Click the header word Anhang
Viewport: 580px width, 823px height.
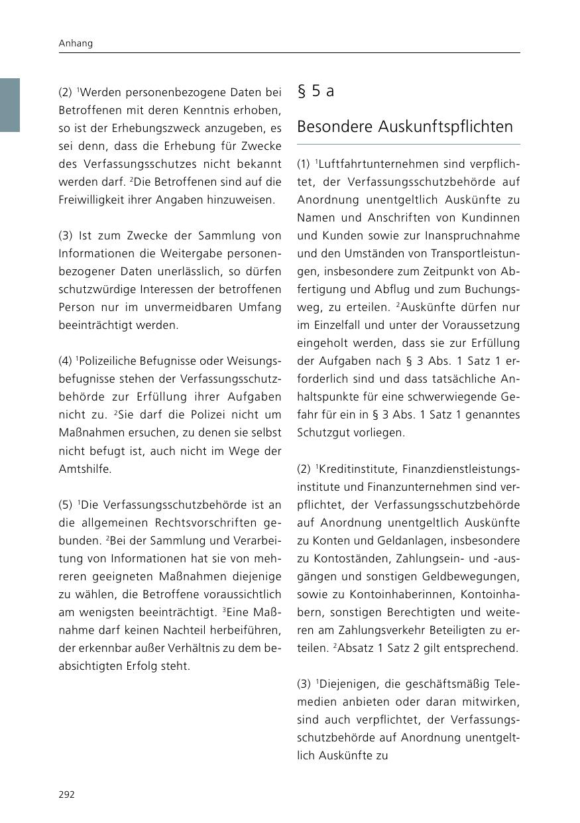tap(76, 43)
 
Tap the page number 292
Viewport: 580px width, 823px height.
tap(67, 794)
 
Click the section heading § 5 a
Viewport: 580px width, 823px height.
tap(316, 92)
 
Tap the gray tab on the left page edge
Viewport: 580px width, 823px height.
tap(9, 105)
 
